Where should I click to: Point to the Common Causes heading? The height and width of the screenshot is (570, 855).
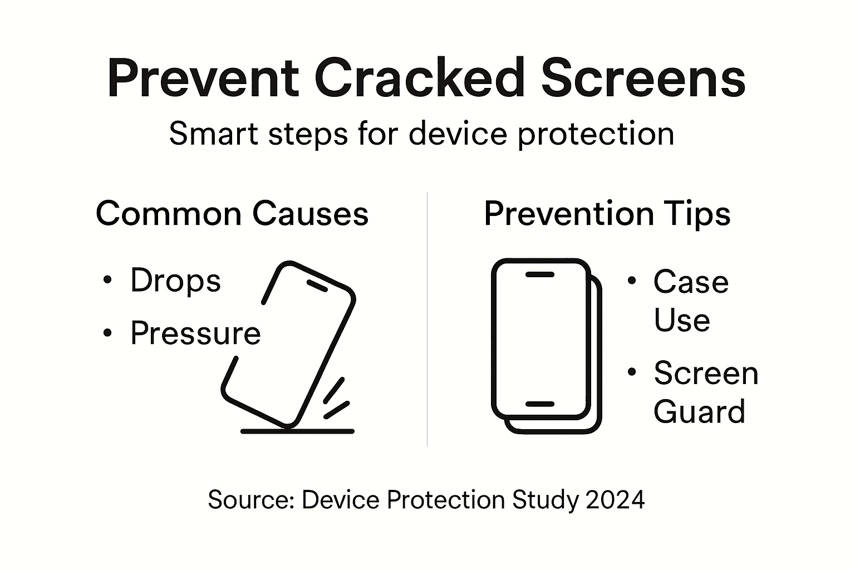(x=232, y=213)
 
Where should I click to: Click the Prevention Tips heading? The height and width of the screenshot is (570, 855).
(x=607, y=213)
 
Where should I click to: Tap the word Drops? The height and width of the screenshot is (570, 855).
(x=175, y=280)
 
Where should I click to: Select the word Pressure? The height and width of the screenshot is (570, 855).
(x=195, y=333)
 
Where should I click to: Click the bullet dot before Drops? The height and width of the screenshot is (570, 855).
(x=107, y=280)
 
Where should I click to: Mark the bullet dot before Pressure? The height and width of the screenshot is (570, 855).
(x=107, y=333)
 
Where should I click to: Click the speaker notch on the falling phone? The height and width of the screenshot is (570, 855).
(x=317, y=286)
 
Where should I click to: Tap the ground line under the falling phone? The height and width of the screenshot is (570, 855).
(x=297, y=431)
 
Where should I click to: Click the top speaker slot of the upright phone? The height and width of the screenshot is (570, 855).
(x=539, y=274)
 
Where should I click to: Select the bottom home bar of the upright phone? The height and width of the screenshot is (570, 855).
(x=539, y=404)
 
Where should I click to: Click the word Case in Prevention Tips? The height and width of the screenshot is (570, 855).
(x=691, y=282)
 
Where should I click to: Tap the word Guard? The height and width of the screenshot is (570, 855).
(x=699, y=412)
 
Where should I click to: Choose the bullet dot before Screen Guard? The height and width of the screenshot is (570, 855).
(x=631, y=372)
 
